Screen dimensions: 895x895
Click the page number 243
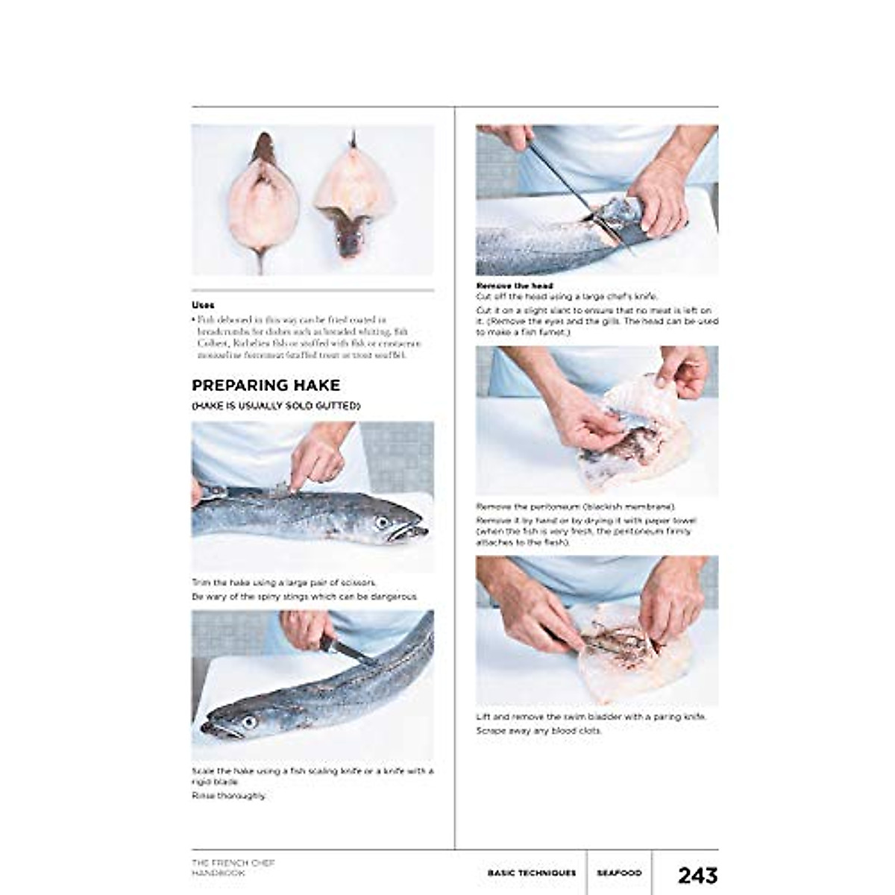[x=697, y=874]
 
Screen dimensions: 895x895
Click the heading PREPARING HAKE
[x=266, y=386]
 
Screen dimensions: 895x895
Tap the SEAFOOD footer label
[x=618, y=873]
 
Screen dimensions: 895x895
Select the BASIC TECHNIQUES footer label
[x=531, y=873]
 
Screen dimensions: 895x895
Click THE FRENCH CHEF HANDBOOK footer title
[x=233, y=867]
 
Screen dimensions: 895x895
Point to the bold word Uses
[x=203, y=305]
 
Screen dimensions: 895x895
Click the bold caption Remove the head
[x=514, y=286]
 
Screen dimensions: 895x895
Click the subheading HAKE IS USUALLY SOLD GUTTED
[x=276, y=406]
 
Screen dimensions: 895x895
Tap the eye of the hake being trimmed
[x=383, y=522]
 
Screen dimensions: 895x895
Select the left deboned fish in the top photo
[x=263, y=198]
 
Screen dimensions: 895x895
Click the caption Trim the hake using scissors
[x=284, y=582]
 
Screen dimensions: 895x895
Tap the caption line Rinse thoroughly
[x=228, y=796]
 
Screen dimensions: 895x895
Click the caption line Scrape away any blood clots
[x=538, y=731]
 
